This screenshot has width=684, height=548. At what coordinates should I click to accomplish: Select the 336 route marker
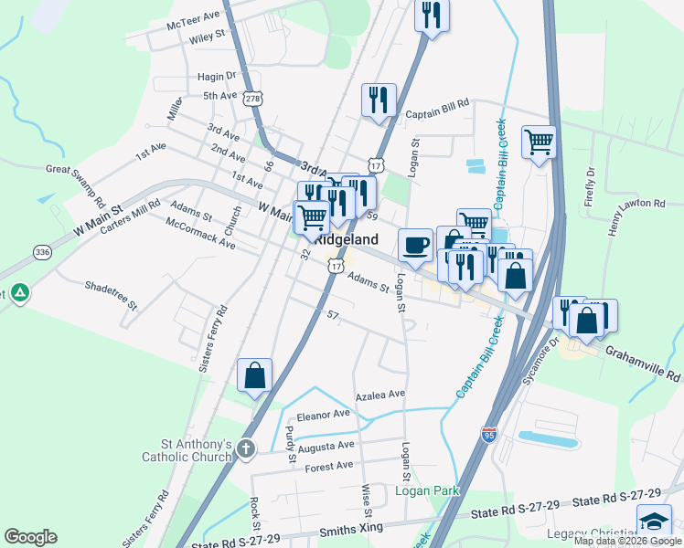[42, 251]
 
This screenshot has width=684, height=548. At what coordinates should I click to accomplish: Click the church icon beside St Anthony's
[245, 448]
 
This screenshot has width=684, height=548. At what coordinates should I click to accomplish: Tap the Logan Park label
[426, 490]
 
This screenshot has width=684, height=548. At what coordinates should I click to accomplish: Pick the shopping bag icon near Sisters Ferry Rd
[254, 375]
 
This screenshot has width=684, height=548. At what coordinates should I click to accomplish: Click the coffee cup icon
[416, 245]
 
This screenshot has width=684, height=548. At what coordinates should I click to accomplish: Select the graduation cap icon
[654, 521]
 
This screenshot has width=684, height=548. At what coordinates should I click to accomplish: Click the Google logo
[30, 537]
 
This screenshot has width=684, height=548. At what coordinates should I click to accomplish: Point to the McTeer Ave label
[194, 16]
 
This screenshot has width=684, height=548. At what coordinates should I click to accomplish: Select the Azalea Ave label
[379, 395]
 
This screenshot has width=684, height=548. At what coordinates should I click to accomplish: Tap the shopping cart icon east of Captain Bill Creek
[540, 142]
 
